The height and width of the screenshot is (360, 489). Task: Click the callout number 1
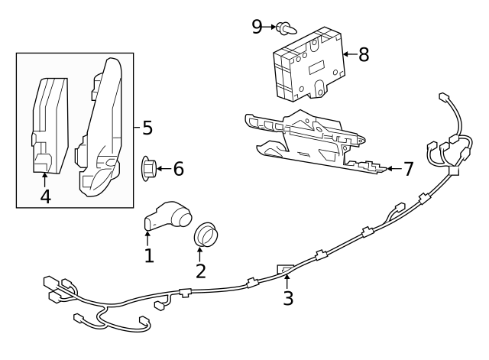coord(149,255)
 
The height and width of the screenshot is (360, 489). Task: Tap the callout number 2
coord(201,271)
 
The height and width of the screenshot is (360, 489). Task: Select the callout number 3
coord(287,297)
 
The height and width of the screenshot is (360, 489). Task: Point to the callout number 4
coord(45,196)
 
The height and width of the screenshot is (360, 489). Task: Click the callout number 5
coord(148,126)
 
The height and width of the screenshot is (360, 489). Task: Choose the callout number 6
coord(178,168)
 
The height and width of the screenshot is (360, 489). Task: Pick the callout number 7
coord(408,169)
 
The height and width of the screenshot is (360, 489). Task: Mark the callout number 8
coord(363,54)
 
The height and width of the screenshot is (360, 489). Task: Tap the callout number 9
coord(257,27)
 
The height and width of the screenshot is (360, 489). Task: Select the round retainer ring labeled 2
coord(207,234)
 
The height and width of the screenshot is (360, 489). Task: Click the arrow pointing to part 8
coord(348,54)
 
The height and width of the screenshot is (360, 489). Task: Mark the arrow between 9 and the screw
coord(270,28)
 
